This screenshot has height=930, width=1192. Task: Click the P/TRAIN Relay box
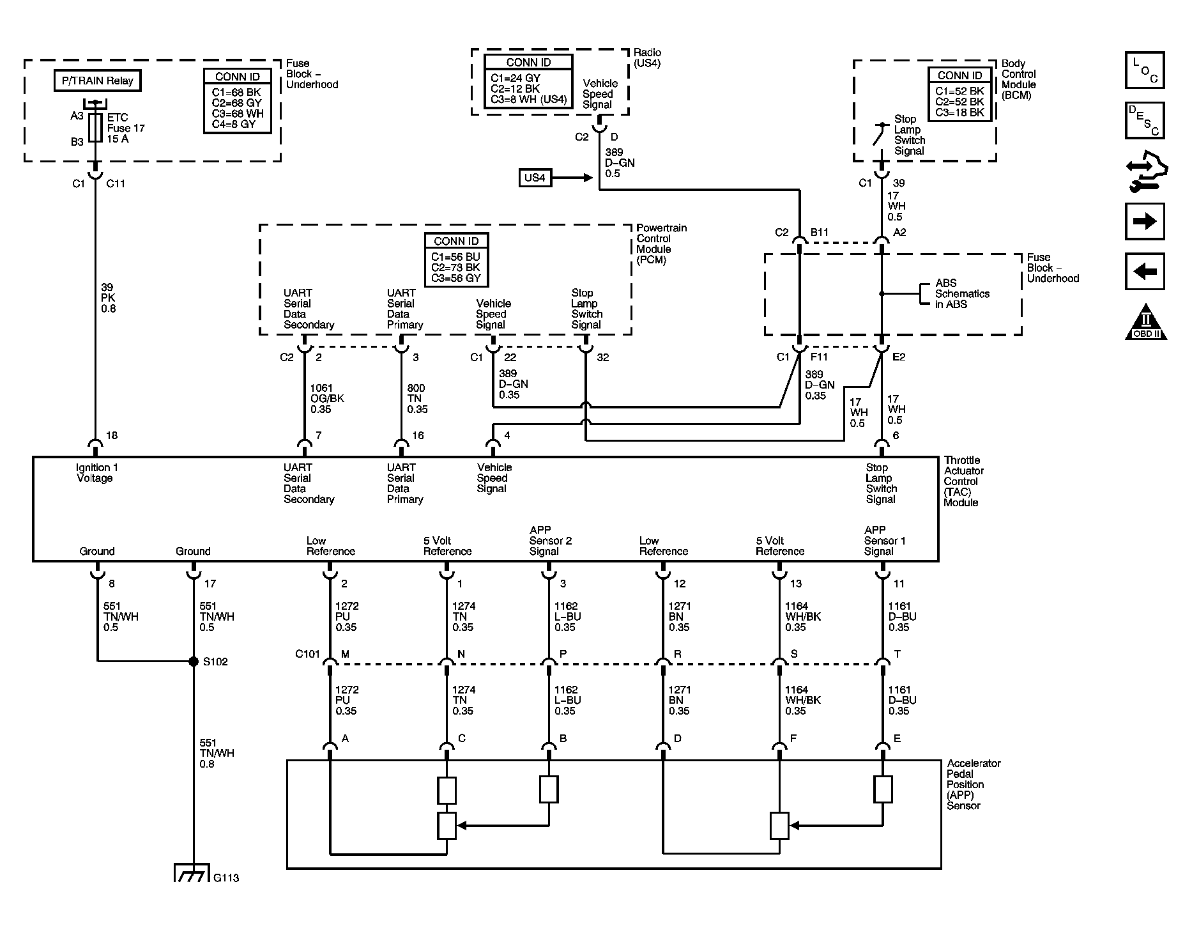pyautogui.click(x=97, y=81)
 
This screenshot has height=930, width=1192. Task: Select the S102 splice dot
pyautogui.click(x=194, y=662)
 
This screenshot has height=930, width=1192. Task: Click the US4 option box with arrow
pyautogui.click(x=535, y=177)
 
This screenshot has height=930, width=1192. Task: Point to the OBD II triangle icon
pyautogui.click(x=1146, y=323)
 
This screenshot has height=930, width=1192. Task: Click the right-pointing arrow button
pyautogui.click(x=1145, y=222)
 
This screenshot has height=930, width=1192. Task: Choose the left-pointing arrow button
pyautogui.click(x=1145, y=272)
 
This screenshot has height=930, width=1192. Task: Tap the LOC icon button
pyautogui.click(x=1145, y=70)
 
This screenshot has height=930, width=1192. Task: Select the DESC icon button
pyautogui.click(x=1145, y=120)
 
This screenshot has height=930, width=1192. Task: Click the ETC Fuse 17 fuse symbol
pyautogui.click(x=96, y=128)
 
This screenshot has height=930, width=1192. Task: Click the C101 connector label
pyautogui.click(x=307, y=654)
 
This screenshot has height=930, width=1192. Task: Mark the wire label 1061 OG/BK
pyautogui.click(x=326, y=398)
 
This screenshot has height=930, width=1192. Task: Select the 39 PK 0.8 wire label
pyautogui.click(x=109, y=298)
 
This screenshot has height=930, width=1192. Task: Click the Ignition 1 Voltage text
pyautogui.click(x=96, y=473)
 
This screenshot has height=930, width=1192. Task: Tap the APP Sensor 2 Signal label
pyautogui.click(x=550, y=541)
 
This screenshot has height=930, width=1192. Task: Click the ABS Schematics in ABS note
pyautogui.click(x=961, y=293)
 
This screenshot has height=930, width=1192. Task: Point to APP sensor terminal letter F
pyautogui.click(x=793, y=738)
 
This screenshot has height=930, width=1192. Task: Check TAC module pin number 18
pyautogui.click(x=112, y=435)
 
